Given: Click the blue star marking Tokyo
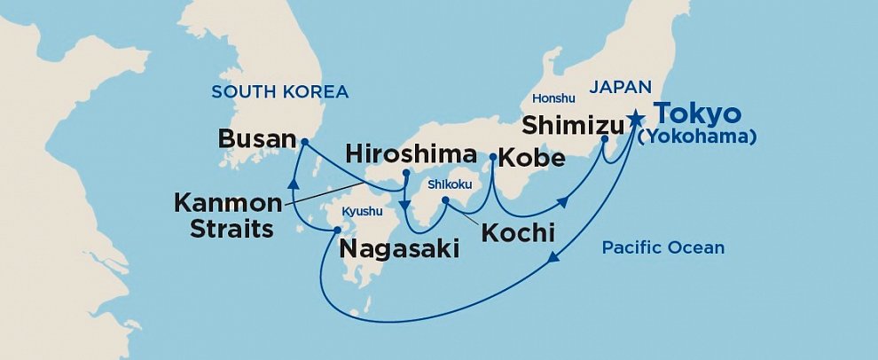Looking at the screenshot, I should [636, 119].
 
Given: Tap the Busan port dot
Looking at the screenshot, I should [303, 141].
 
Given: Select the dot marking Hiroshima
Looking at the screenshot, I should [405, 173].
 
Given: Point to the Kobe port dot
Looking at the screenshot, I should [492, 157].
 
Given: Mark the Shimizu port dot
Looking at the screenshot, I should [605, 139].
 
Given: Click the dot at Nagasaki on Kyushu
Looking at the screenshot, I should [336, 231].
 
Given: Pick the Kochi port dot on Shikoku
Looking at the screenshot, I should [446, 201].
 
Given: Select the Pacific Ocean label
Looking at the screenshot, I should [662, 248].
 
